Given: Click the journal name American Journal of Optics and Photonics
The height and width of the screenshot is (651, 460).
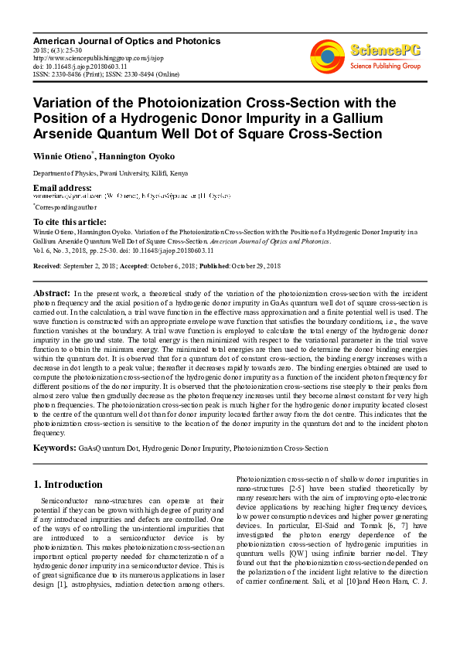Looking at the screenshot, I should point(127,40).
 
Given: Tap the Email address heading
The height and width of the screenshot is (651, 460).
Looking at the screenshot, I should point(62,188).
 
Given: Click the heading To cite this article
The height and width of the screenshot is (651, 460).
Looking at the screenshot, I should point(69,221).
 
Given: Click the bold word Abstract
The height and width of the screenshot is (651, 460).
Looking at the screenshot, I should point(52,294).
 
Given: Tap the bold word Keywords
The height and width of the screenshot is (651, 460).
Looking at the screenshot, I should point(54,448).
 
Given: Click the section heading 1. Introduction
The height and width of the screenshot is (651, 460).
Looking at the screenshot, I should point(69,485).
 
